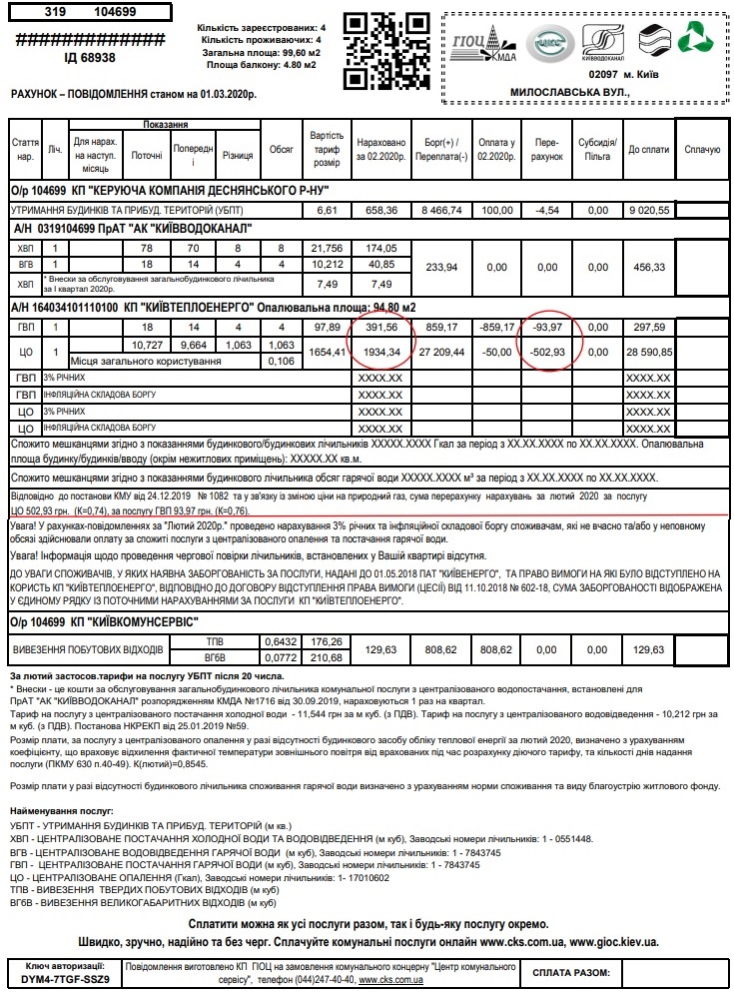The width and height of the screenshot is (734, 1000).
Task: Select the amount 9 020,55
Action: (648, 211)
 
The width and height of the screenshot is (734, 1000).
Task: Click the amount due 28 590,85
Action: (648, 353)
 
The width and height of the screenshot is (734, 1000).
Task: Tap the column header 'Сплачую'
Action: (703, 150)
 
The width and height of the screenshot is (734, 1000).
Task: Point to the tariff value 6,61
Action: (327, 211)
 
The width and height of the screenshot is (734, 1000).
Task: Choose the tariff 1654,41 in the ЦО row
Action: (327, 353)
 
